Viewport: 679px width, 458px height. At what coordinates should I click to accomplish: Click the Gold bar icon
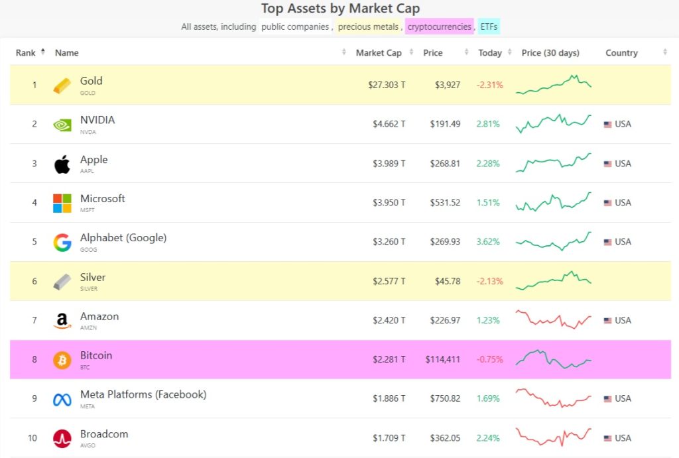62,86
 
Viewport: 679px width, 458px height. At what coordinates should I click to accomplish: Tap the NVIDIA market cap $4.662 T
389,124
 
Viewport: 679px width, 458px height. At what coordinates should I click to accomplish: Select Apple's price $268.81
446,164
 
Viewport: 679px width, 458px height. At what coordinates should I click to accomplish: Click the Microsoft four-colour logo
62,203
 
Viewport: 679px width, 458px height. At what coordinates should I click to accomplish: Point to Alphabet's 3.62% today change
488,242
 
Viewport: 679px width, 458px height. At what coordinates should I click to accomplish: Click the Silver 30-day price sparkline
554,280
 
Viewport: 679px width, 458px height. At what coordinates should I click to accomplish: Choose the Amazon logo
62,321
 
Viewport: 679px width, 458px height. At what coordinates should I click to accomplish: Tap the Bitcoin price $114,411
443,359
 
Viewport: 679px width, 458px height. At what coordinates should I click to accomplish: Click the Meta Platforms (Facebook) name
143,394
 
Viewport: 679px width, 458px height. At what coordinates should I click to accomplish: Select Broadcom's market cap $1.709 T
389,438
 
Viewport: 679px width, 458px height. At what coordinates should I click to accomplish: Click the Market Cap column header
378,53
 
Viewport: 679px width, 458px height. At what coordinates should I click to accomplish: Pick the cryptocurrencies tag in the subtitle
439,27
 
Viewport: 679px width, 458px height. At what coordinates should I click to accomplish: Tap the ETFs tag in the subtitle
489,27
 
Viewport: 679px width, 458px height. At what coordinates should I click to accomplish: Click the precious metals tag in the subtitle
369,27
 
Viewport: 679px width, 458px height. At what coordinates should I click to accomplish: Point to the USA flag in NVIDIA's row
607,125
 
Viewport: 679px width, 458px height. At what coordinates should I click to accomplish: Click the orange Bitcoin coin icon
62,360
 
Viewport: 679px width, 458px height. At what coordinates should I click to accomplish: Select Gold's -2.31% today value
489,85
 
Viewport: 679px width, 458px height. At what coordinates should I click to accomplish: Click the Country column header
621,53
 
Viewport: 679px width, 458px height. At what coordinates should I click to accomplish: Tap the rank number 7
34,320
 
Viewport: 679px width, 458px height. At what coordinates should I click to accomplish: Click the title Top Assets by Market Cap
340,9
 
